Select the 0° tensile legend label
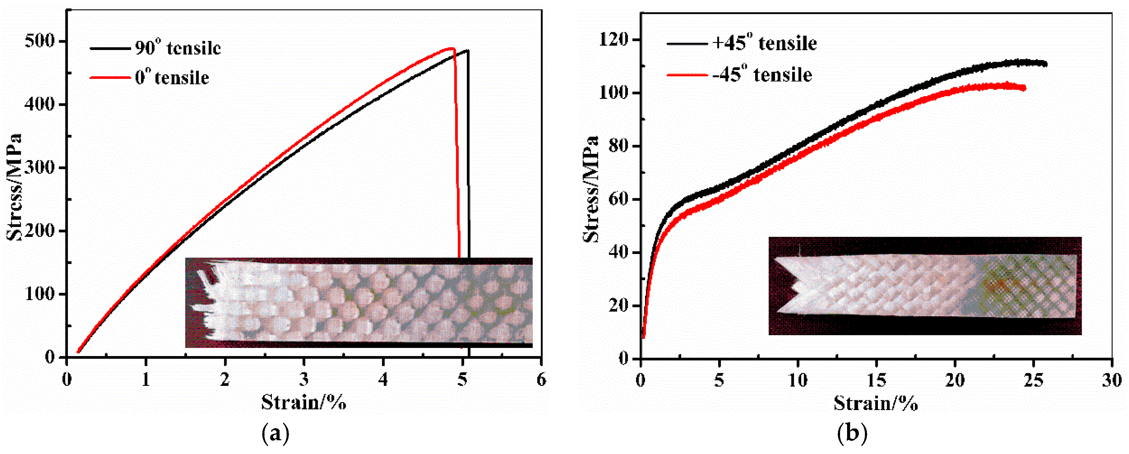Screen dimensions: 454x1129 172,78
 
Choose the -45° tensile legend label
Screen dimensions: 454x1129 762,75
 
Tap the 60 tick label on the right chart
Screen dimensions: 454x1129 619,199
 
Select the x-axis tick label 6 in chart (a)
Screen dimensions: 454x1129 541,380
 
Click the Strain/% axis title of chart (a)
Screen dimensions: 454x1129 304,402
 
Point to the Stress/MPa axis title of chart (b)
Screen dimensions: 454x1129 591,189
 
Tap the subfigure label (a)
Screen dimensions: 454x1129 275,434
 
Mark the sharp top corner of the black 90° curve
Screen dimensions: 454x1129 468,50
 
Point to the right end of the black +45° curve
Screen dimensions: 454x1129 1046,64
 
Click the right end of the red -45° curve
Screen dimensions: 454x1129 1024,88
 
